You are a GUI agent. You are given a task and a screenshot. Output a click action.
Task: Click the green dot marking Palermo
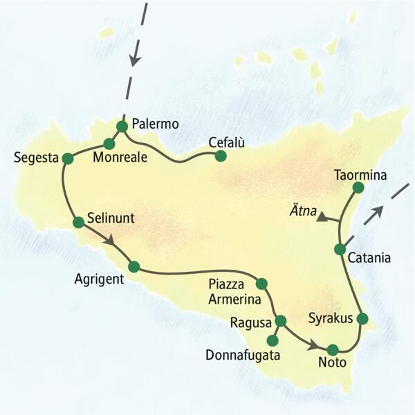click(x=122, y=126)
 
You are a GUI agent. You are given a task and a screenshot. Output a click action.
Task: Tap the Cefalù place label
click(x=228, y=142)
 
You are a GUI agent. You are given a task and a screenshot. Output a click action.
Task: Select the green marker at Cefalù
click(x=221, y=156)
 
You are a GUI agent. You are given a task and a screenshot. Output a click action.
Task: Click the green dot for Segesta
click(x=68, y=158)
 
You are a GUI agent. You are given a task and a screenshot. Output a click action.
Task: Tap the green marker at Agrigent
click(x=134, y=266)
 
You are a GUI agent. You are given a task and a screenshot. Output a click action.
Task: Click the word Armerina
click(x=234, y=299)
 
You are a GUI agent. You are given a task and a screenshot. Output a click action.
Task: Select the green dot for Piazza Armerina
click(x=261, y=284)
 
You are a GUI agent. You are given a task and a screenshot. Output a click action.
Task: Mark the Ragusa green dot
click(x=281, y=321)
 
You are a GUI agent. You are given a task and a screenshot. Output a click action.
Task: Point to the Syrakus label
click(x=329, y=318)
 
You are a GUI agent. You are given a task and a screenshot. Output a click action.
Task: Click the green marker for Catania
click(x=340, y=249)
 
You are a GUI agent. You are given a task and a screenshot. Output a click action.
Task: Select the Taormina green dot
click(x=358, y=187)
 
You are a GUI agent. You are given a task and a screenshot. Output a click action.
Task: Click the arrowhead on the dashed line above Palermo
click(x=135, y=61)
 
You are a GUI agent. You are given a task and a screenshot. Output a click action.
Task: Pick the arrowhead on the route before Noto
click(x=313, y=344)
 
